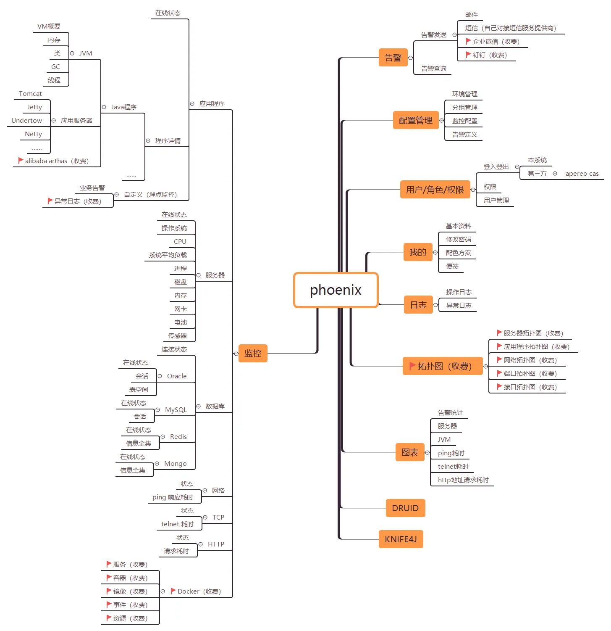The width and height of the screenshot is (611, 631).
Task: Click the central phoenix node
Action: pos(336,290)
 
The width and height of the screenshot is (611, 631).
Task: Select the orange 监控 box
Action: pos(253,354)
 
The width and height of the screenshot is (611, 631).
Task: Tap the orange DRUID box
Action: pos(405,508)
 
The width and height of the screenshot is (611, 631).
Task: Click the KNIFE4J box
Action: pos(401,539)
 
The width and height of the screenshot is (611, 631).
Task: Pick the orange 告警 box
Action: pos(393,58)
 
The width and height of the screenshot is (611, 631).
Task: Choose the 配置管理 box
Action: pos(416,120)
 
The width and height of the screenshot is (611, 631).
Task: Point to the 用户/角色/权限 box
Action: pos(435,190)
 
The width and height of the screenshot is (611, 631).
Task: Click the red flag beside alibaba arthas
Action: pos(21,161)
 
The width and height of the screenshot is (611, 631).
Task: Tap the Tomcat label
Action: pos(30,94)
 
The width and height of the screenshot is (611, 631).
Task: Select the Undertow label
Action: pos(26,121)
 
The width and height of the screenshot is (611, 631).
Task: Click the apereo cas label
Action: pos(582,174)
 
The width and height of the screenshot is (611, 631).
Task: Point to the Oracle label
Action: pos(177,376)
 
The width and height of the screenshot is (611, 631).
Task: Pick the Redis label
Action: pos(178,437)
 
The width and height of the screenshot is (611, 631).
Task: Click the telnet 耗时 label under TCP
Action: pos(177,524)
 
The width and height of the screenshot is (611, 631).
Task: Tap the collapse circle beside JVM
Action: pos(72,53)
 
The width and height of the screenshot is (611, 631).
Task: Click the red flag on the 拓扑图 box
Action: pos(412,366)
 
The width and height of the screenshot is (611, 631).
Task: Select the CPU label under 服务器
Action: pos(180,242)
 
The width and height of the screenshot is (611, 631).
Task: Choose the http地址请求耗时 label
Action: pos(463,480)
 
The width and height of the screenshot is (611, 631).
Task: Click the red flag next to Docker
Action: pos(173,591)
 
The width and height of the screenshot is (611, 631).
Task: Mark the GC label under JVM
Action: pos(55,67)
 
